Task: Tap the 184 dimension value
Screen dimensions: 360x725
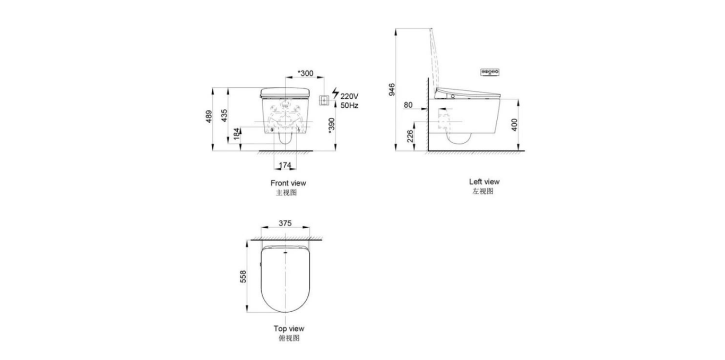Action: coord(236,135)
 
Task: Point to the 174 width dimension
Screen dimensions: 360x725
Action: coord(285,166)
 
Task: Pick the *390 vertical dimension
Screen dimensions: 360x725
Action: coord(331,125)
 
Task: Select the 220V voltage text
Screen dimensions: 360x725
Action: coord(349,96)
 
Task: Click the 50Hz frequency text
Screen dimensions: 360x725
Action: coord(349,106)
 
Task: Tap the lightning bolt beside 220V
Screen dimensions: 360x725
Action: coord(335,94)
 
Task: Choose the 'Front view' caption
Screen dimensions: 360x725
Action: coord(288,183)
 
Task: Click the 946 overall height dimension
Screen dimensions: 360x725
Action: coord(392,89)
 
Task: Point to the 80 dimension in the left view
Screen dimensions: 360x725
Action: coord(408,105)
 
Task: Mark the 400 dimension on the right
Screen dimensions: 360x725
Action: coord(514,125)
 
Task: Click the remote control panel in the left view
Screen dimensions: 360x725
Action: coord(491,72)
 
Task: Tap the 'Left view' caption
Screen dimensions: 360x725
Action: coord(484,182)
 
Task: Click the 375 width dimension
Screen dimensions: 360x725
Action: coord(285,224)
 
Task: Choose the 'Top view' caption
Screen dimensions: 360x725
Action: coord(289,329)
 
